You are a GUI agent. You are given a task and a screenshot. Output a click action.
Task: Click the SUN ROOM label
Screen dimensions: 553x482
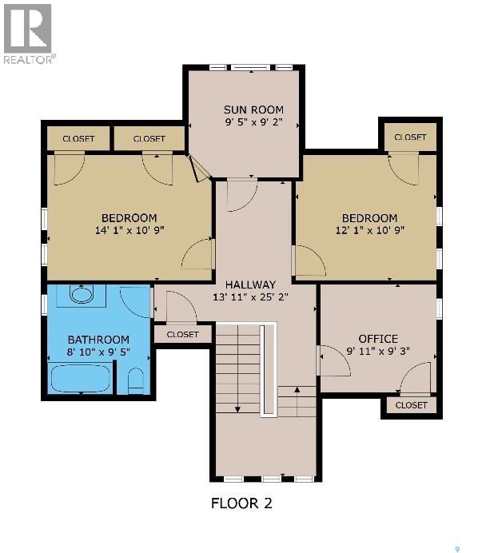252,109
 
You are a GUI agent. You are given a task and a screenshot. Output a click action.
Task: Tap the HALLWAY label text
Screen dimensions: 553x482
250,284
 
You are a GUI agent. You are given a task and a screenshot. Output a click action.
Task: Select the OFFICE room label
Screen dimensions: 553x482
377,339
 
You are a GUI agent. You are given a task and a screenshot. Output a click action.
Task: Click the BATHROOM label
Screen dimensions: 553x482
98,340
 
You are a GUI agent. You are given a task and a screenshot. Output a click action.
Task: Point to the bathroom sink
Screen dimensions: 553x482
82,294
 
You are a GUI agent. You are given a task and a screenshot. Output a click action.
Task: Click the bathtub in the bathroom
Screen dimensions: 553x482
80,377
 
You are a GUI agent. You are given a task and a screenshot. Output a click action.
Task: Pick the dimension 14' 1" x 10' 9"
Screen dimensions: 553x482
129,231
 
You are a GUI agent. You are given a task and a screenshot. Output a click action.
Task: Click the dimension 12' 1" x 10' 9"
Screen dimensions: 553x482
369,231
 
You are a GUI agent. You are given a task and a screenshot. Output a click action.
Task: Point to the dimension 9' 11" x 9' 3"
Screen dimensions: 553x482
377,352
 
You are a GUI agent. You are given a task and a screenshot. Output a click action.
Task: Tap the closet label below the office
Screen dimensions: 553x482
411,405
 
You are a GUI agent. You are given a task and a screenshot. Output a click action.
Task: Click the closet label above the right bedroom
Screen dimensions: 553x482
410,137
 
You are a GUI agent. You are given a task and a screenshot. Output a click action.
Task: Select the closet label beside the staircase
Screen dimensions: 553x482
183,335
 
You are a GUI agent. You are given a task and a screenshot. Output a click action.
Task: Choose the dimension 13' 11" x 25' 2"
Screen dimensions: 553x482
250,297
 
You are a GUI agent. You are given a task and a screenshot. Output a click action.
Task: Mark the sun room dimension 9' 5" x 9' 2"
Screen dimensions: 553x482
252,123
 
